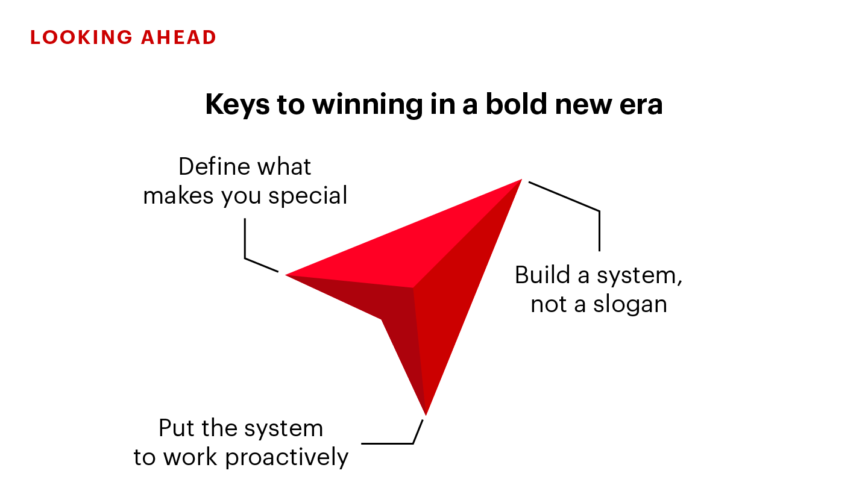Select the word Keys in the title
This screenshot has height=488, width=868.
[237, 105]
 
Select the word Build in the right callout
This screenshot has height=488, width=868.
[542, 275]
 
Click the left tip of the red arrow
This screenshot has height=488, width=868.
[288, 275]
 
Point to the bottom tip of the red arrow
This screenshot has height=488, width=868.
[426, 412]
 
